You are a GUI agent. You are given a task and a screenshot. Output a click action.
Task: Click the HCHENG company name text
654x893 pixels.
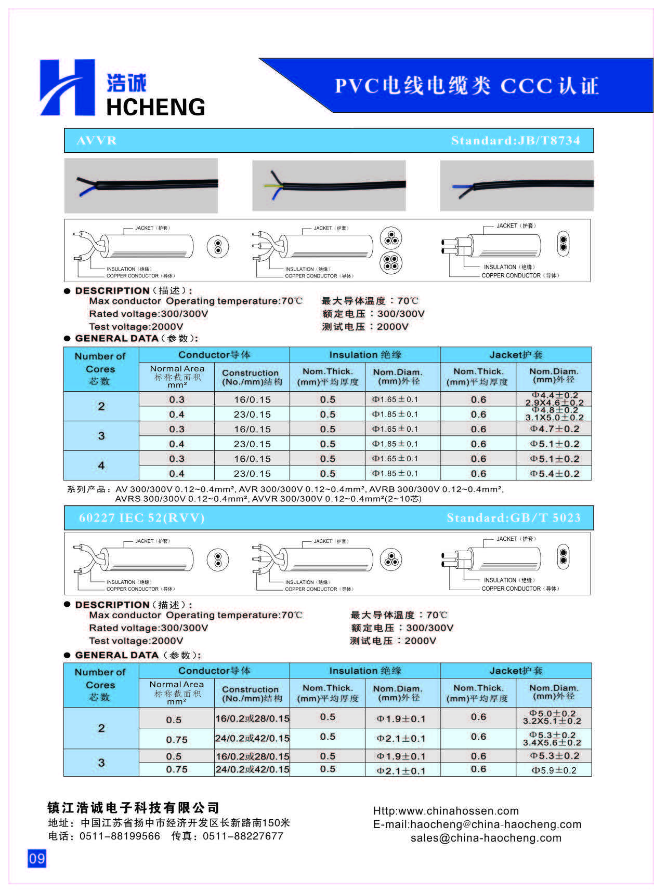tap(155, 107)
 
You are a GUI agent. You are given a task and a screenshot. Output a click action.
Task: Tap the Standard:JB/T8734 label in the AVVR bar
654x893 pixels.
tap(515, 140)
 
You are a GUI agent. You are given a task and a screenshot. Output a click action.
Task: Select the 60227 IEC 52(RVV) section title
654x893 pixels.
tap(141, 518)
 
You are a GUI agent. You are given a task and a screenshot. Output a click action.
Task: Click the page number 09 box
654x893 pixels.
tap(37, 858)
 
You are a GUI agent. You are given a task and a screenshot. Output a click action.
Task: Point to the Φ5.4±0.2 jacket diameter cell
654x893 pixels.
tap(554, 474)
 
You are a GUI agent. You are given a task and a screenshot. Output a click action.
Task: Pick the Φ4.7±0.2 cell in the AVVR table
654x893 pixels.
tap(554, 429)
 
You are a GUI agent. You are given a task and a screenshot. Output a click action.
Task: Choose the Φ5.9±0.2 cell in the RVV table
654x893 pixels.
tap(554, 770)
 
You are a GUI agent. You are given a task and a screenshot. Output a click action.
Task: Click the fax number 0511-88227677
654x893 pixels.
tap(243, 836)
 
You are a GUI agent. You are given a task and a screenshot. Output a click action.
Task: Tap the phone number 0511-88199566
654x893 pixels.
tap(120, 836)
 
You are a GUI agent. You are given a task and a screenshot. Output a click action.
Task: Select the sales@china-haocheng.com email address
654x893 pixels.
tap(486, 837)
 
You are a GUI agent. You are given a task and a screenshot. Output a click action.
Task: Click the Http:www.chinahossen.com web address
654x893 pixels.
tap(446, 810)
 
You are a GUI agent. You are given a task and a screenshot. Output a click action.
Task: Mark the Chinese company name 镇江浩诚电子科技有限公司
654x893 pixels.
tap(134, 807)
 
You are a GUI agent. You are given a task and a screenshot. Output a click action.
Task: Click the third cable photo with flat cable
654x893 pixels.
tap(516, 185)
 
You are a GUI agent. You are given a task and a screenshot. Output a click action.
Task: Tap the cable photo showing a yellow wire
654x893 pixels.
tap(329, 185)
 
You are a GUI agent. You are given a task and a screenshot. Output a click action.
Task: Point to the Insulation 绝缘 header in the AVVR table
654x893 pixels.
tap(365, 355)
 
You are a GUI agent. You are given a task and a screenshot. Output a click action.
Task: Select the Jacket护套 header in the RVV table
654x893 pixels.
tap(516, 671)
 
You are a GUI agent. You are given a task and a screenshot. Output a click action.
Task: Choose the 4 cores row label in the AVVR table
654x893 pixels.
tap(101, 465)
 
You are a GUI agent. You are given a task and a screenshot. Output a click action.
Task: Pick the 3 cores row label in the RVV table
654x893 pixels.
tap(101, 763)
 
